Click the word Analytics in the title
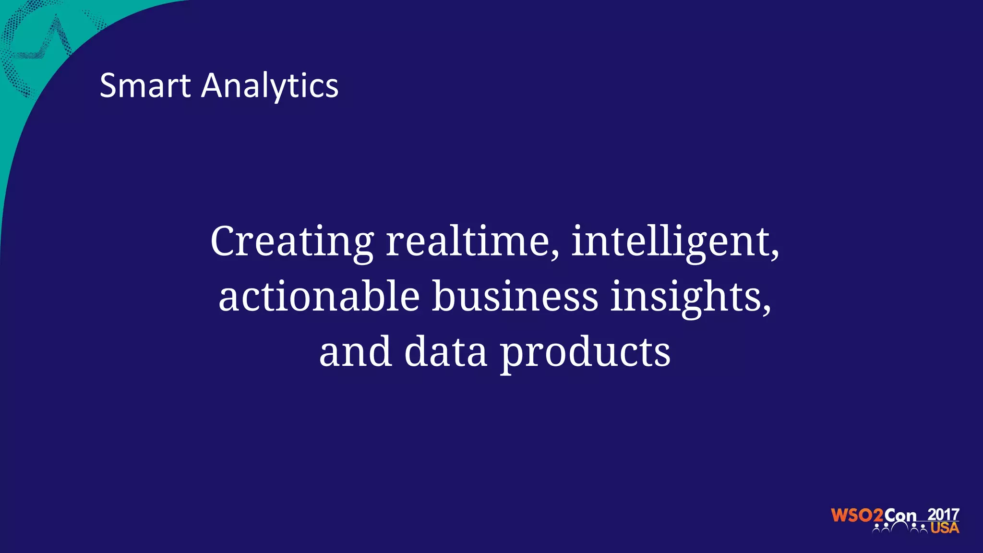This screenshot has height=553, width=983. [270, 86]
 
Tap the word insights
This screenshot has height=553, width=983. [687, 298]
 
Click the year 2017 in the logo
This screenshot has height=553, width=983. [943, 515]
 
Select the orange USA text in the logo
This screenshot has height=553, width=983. [945, 528]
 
